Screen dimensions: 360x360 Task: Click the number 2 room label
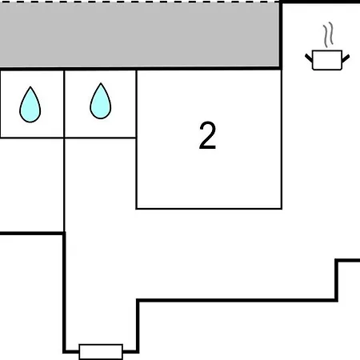[207, 135]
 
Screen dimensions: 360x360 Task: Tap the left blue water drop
[30, 105]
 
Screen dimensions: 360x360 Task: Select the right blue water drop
[101, 102]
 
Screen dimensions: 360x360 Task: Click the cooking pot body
[327, 60]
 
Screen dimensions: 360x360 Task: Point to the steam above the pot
[329, 34]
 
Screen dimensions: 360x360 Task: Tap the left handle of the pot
[309, 58]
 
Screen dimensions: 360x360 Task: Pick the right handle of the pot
[346, 58]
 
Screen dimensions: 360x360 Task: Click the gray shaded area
[139, 34]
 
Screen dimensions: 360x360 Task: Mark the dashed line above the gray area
[139, 2]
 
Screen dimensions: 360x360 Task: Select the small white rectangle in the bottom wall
[101, 352]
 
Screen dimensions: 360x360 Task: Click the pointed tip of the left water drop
[30, 87]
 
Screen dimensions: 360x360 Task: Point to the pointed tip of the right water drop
[101, 83]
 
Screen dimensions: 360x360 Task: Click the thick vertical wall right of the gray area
[281, 35]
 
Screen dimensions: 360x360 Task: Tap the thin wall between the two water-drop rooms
[64, 104]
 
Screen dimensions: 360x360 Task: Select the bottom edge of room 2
[209, 209]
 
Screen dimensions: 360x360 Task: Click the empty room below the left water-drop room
[32, 185]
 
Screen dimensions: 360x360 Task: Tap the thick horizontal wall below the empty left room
[32, 234]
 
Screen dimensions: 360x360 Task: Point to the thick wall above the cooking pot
[320, 2]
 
